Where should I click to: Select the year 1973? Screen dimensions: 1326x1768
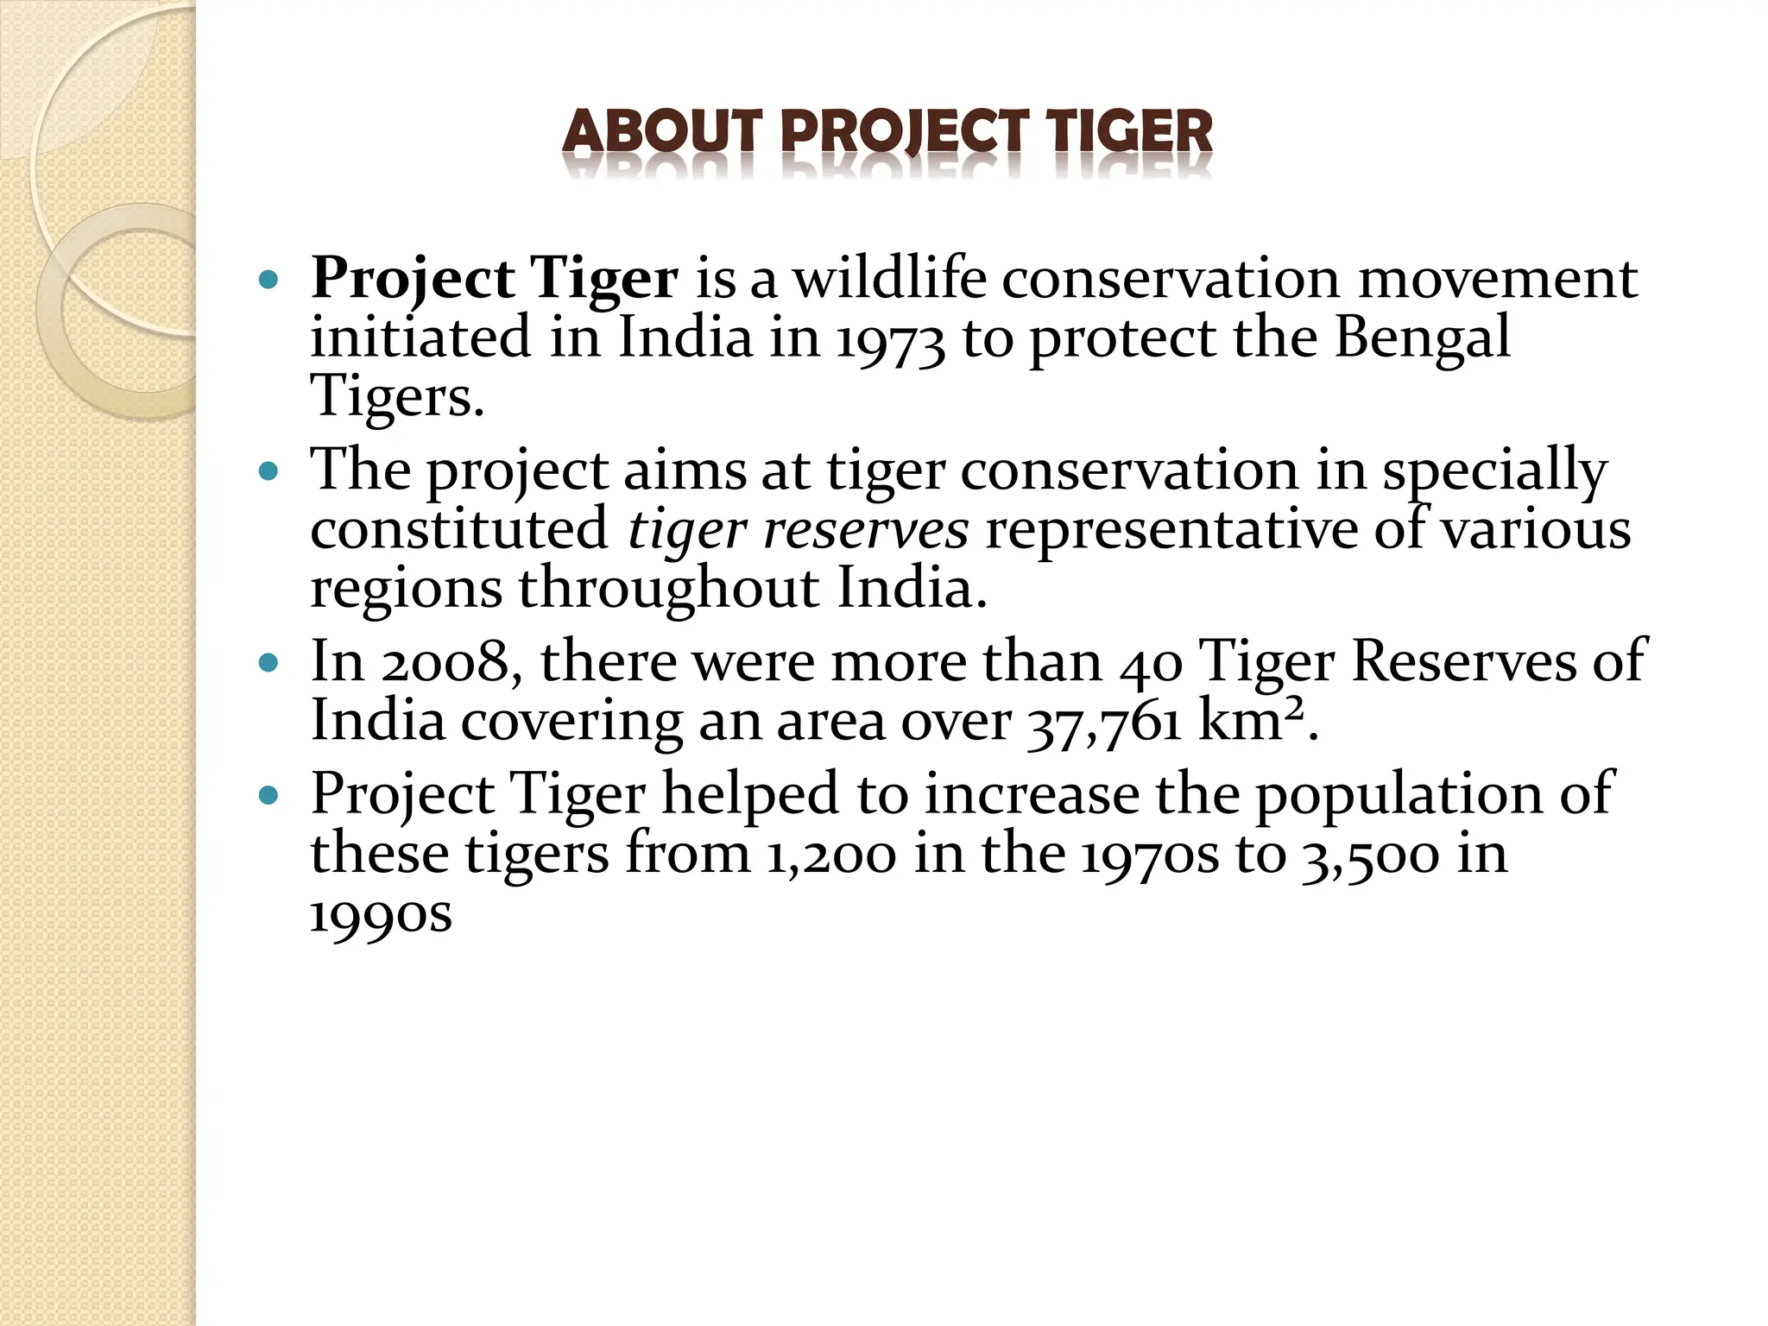coord(890,339)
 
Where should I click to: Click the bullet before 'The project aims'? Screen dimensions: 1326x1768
coord(269,471)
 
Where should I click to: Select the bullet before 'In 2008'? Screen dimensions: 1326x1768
coord(269,663)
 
